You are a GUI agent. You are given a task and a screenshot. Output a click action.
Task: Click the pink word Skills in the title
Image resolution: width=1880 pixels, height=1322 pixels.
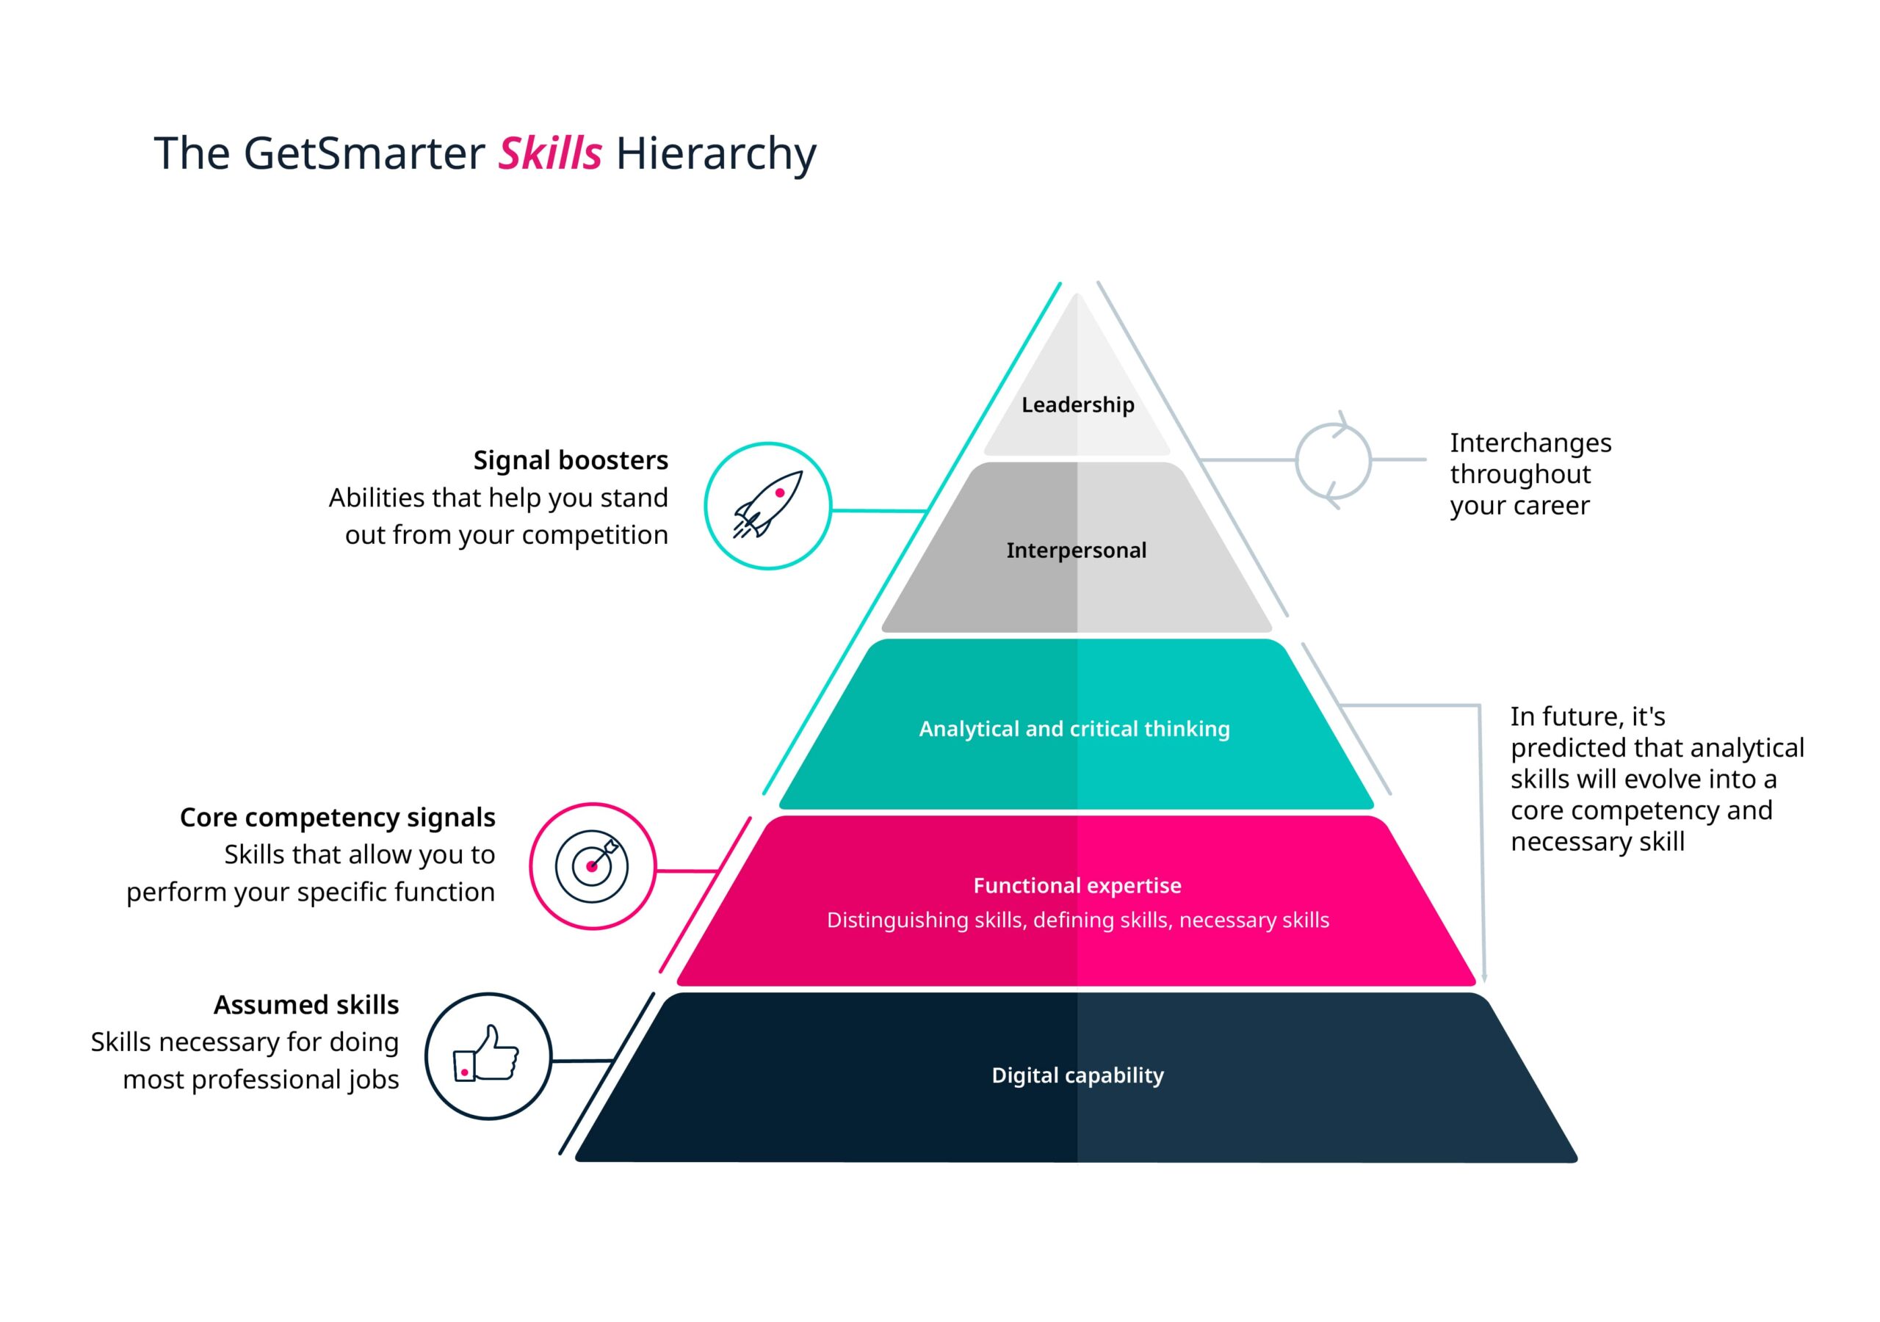point(549,153)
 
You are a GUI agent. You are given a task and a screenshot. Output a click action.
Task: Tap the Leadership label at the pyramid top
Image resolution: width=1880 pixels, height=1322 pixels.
point(1077,404)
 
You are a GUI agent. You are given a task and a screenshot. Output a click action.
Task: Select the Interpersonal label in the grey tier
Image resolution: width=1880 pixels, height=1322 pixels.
point(1076,550)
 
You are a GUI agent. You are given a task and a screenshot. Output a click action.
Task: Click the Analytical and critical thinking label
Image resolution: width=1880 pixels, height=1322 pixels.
point(1074,729)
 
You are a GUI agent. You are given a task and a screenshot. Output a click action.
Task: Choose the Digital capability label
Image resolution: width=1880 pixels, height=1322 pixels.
point(1077,1075)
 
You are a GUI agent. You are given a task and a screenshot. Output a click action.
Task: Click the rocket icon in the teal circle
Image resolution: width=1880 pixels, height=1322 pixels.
point(767,505)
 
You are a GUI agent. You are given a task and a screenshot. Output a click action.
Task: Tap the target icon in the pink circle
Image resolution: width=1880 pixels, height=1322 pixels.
point(592,865)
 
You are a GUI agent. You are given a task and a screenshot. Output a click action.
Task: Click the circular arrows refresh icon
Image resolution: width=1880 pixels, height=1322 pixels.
point(1333,460)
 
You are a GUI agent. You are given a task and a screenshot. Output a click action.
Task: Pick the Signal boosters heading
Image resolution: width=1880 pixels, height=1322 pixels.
point(570,460)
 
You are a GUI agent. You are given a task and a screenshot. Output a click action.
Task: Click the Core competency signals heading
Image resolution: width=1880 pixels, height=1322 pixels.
point(337,817)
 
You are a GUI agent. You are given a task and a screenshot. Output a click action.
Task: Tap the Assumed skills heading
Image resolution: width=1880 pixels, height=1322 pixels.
point(306,1004)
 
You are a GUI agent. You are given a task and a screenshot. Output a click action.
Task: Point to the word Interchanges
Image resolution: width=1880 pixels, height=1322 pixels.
point(1530,443)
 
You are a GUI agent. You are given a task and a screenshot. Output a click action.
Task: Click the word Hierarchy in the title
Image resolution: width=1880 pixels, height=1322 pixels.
point(715,153)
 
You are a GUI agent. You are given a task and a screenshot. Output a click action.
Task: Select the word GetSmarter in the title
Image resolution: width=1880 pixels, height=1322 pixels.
point(364,153)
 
